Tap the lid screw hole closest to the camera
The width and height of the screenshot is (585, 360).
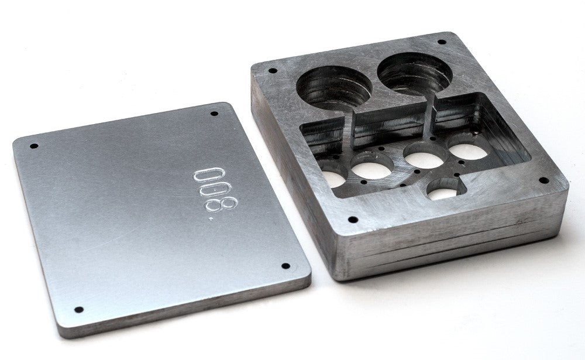tap(79, 310)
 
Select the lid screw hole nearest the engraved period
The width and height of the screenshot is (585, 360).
tap(285, 266)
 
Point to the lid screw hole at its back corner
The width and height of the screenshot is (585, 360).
tap(214, 114)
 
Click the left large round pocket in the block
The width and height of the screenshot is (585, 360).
tap(334, 86)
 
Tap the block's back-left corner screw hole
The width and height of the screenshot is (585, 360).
tap(273, 71)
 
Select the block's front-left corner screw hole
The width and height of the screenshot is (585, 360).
tap(353, 220)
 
